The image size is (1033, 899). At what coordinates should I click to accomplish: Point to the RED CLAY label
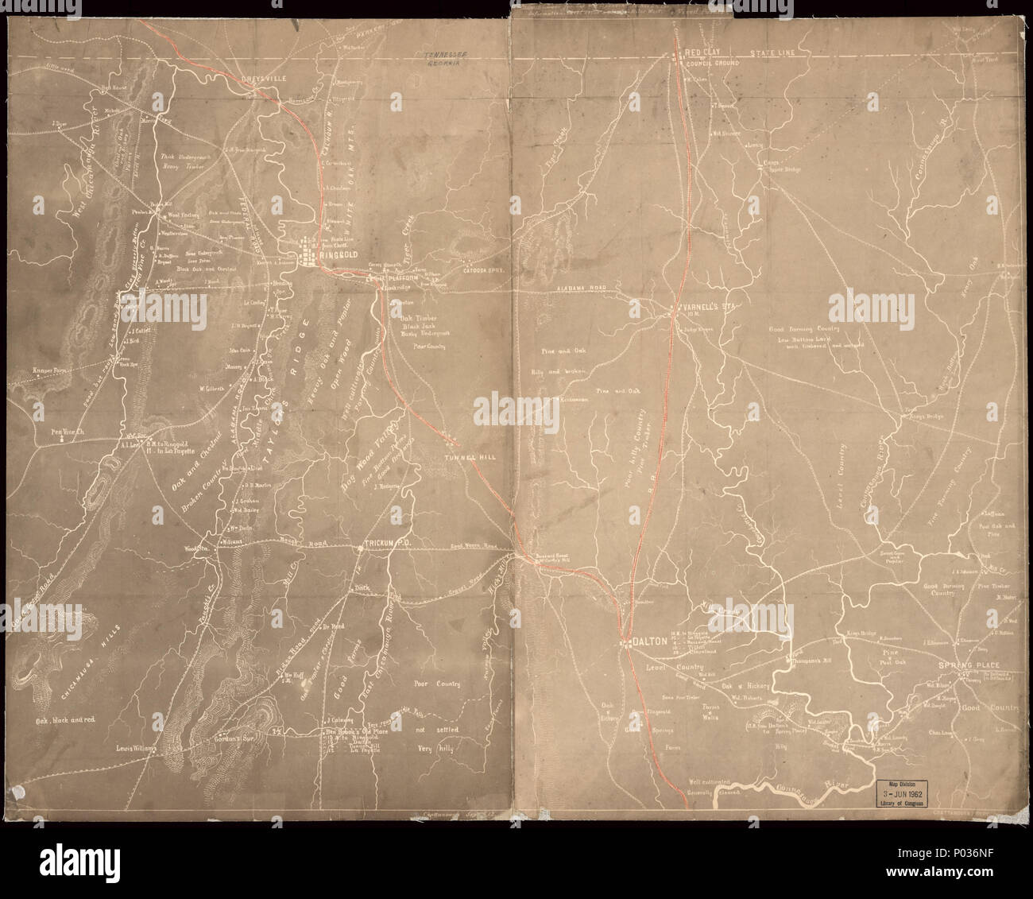[x=703, y=53]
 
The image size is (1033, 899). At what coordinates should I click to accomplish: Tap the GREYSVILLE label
[x=256, y=79]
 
